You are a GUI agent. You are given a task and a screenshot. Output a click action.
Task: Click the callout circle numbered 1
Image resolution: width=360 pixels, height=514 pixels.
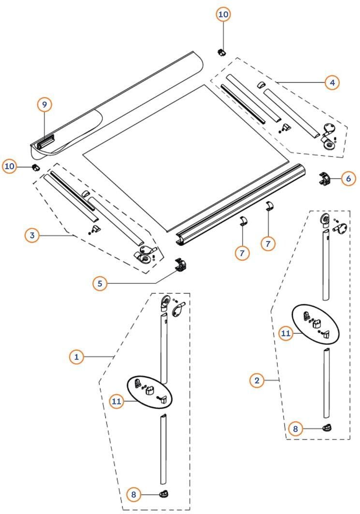pyautogui.click(x=76, y=357)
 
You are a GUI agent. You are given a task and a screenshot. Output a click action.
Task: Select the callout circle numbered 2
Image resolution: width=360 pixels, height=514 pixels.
pyautogui.click(x=257, y=381)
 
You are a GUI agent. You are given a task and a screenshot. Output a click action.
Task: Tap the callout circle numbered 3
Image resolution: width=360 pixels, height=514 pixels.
pyautogui.click(x=32, y=236)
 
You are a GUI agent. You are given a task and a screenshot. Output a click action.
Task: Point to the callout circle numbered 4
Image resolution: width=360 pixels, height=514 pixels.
pyautogui.click(x=332, y=83)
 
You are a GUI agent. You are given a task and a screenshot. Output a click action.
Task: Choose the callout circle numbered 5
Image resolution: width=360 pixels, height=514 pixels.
pyautogui.click(x=100, y=283)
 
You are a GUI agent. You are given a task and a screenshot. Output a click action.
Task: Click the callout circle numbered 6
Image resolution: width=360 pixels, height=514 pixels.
pyautogui.click(x=348, y=179)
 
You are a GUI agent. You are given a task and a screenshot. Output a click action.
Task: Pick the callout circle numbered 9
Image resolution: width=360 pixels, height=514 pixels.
pyautogui.click(x=44, y=104)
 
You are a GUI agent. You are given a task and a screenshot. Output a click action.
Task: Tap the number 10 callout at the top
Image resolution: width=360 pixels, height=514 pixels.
pyautogui.click(x=223, y=14)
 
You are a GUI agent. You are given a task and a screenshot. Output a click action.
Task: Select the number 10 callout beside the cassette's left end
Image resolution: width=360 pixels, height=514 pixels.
pyautogui.click(x=10, y=167)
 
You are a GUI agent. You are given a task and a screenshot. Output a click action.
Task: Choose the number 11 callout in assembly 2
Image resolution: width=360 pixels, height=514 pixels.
pyautogui.click(x=286, y=333)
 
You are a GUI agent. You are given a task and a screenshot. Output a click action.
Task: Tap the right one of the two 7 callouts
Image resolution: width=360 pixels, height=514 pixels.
pyautogui.click(x=268, y=244)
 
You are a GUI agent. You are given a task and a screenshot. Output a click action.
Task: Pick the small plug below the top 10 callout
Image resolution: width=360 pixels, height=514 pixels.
pyautogui.click(x=221, y=51)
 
